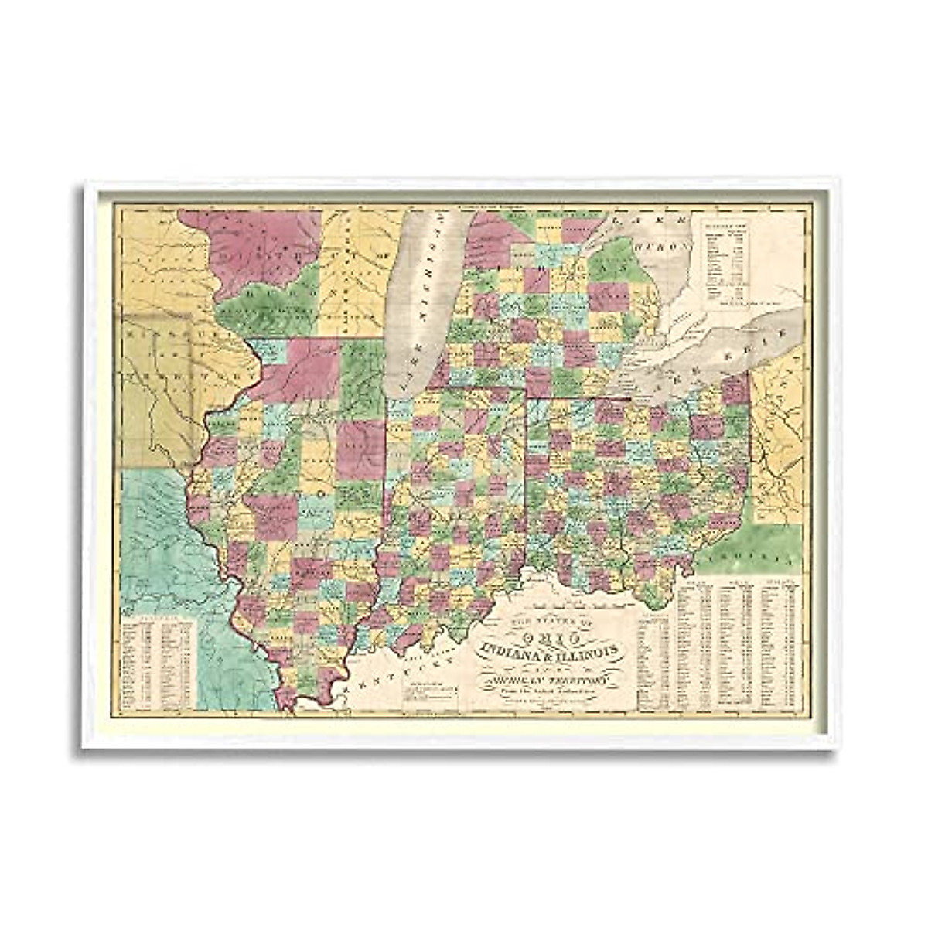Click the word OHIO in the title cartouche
click(551, 635)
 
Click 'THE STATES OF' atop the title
click(551, 621)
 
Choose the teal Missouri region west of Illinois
click(155, 541)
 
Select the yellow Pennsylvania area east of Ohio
click(777, 433)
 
